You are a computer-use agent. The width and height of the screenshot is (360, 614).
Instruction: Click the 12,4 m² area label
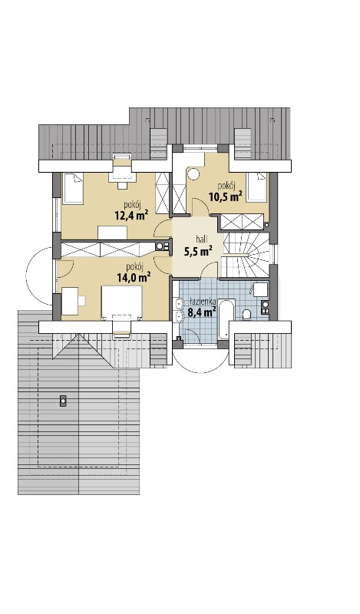[x=130, y=215]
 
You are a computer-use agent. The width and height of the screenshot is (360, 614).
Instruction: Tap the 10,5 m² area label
[x=225, y=196]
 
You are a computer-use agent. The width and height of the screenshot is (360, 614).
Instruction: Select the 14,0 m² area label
[x=134, y=278]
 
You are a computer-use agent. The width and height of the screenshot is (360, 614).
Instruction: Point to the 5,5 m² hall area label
[x=198, y=251]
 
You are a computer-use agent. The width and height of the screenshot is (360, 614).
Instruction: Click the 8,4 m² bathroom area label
[x=202, y=312]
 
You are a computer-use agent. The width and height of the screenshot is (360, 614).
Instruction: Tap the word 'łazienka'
[x=202, y=301]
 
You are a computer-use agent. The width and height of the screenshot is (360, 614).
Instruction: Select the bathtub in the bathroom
[x=226, y=319]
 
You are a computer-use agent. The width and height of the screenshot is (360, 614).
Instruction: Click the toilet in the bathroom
[x=247, y=315]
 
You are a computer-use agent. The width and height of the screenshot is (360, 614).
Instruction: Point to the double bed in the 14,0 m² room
[x=122, y=303]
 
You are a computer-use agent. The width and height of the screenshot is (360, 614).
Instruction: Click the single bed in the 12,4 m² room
[x=73, y=189]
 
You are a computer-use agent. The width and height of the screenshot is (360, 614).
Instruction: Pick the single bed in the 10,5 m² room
[x=256, y=187]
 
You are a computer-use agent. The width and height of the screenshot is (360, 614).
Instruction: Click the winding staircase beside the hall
[x=246, y=255]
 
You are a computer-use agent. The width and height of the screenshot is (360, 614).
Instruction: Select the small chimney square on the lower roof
[x=63, y=401]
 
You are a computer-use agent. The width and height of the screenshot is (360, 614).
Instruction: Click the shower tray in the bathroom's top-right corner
[x=260, y=290]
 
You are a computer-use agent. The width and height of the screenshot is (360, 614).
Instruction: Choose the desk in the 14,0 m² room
[x=70, y=301]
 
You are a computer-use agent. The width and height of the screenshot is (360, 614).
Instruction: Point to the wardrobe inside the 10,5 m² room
[x=241, y=222]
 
